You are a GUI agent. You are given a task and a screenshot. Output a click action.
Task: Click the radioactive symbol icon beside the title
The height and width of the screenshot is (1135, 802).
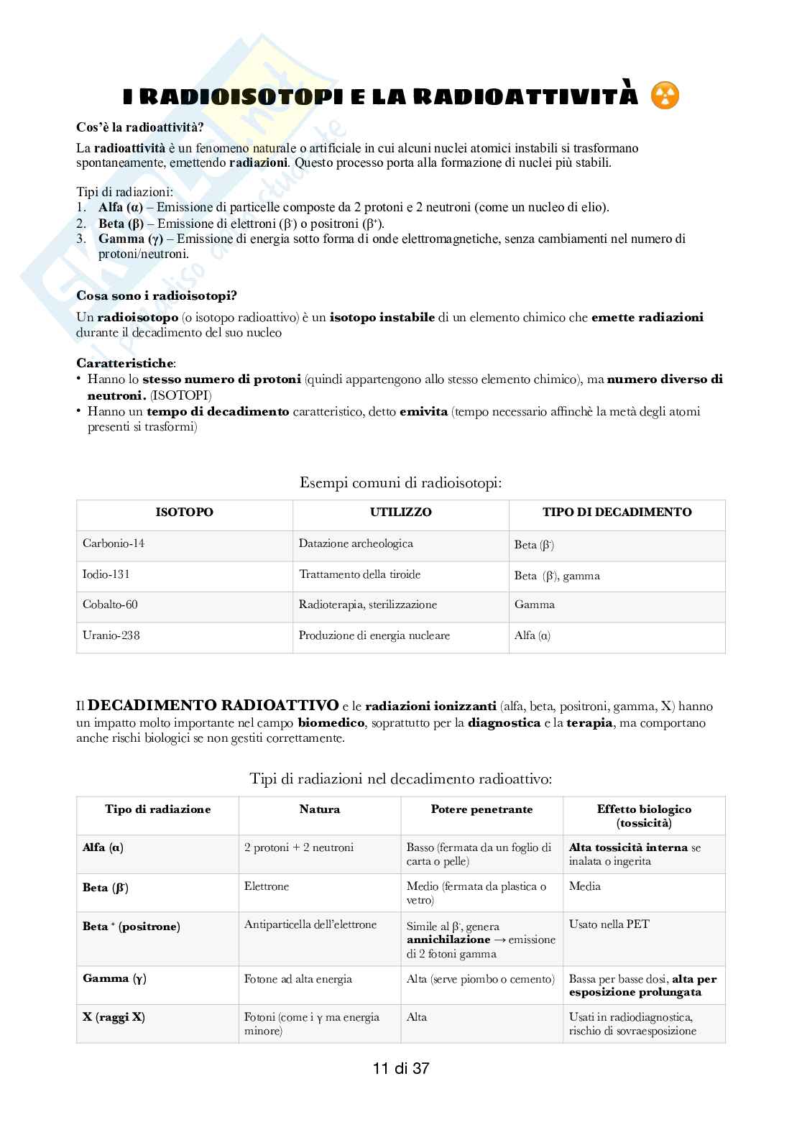(x=665, y=96)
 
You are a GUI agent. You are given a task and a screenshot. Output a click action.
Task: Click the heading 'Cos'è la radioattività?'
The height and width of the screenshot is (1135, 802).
(x=139, y=127)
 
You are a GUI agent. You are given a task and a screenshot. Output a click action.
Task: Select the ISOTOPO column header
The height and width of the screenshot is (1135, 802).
(x=184, y=513)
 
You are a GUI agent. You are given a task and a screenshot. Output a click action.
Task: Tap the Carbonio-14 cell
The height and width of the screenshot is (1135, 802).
(x=114, y=543)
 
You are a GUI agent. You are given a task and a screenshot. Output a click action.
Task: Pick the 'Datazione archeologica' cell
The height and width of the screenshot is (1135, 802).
(x=356, y=543)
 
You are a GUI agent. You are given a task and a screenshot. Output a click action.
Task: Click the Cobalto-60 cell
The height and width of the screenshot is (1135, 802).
(x=110, y=605)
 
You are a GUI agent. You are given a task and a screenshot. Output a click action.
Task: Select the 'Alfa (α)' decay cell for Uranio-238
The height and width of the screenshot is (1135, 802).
(x=533, y=635)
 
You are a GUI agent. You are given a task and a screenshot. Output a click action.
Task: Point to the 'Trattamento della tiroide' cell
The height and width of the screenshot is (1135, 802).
(x=359, y=574)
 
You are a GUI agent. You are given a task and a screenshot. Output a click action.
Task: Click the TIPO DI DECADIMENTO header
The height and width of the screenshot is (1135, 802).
(x=617, y=513)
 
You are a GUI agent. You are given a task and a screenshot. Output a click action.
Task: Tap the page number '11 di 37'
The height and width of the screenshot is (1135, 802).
(x=401, y=1068)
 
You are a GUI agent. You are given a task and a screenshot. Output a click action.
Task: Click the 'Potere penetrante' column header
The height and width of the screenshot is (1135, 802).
(x=481, y=809)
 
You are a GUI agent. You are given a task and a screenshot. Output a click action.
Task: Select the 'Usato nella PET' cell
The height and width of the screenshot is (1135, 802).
(x=609, y=924)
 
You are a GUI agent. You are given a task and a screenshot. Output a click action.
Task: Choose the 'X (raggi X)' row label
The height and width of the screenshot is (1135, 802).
(x=114, y=1017)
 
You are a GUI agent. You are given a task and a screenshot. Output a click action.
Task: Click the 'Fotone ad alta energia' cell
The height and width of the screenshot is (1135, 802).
(x=298, y=979)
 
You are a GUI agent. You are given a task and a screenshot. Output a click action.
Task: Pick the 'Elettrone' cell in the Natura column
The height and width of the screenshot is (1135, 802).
(x=267, y=886)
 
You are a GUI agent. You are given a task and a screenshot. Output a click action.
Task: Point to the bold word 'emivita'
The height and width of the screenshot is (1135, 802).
(x=423, y=412)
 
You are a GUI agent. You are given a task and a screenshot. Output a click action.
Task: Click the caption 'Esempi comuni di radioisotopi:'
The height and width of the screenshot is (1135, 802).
(x=400, y=483)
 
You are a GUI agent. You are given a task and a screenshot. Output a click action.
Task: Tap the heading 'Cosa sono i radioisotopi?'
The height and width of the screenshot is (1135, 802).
(x=157, y=295)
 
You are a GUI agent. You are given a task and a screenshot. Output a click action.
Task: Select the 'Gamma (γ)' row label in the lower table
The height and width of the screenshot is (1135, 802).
(x=116, y=978)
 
